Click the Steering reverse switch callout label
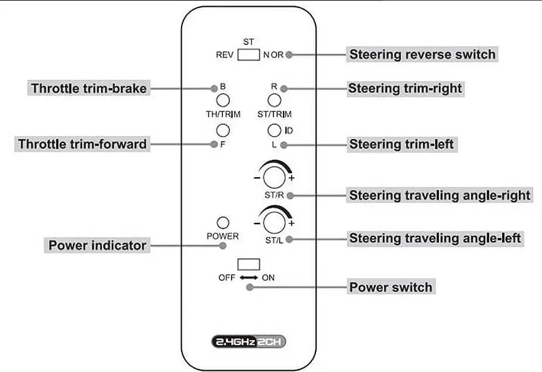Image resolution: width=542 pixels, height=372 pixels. (421, 54)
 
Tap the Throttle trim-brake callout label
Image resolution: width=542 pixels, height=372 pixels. (88, 88)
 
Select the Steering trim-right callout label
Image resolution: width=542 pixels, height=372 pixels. (405, 88)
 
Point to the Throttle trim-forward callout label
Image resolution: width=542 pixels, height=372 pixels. (82, 144)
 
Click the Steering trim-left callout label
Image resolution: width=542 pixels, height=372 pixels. (401, 144)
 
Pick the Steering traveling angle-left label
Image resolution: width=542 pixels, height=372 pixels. (435, 238)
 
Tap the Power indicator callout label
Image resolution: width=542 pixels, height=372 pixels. (97, 245)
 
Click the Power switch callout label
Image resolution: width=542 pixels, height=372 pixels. (390, 287)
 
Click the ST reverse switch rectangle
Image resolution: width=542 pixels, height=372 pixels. (249, 54)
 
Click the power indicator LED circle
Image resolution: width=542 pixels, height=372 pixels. (222, 223)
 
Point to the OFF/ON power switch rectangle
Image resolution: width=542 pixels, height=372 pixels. (249, 263)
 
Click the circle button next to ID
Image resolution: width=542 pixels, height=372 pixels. (273, 130)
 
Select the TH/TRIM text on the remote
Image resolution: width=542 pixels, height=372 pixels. (223, 114)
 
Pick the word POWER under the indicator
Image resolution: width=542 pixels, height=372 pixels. (223, 237)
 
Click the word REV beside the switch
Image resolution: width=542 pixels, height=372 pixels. (224, 55)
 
